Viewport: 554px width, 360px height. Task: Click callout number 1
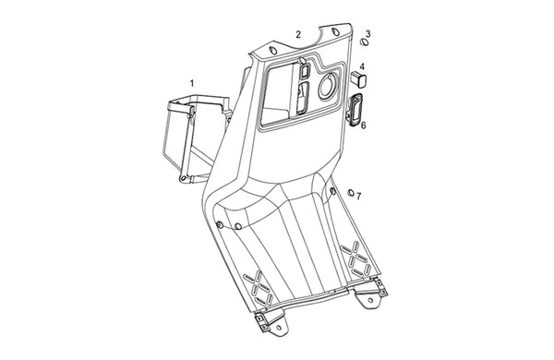coord(192,83)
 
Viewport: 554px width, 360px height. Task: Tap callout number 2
coord(298,34)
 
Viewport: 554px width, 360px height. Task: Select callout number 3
coord(368,33)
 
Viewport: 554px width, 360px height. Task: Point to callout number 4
coord(362,66)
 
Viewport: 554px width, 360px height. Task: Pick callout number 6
coord(363,125)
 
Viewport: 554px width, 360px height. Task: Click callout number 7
coord(358,196)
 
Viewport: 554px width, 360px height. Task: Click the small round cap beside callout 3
coord(364,42)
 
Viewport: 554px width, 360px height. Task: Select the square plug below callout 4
coord(358,79)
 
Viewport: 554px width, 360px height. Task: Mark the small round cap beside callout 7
coord(351,193)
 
